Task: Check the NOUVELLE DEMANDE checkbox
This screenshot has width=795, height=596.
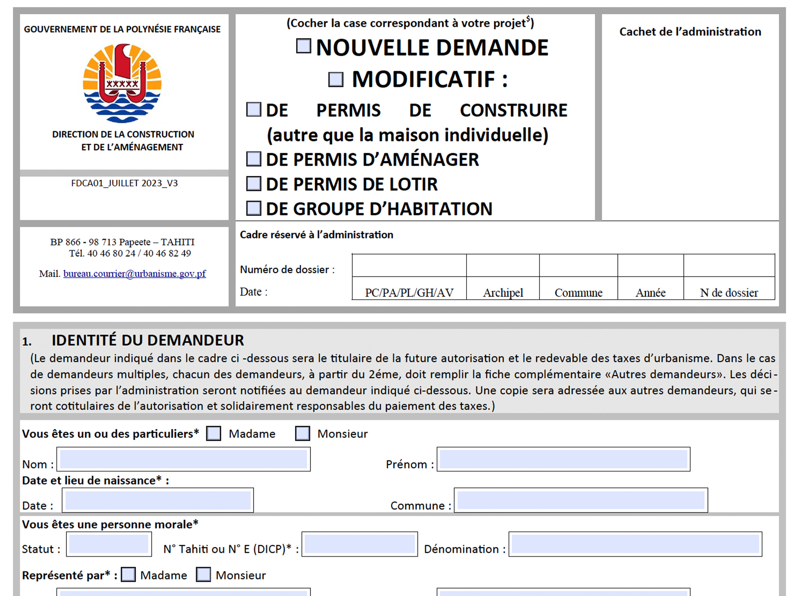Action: pyautogui.click(x=303, y=46)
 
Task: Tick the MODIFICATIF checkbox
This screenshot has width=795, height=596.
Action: pyautogui.click(x=336, y=80)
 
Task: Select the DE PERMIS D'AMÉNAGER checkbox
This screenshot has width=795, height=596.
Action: pyautogui.click(x=253, y=159)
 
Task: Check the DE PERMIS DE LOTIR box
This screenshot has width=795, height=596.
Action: pyautogui.click(x=253, y=184)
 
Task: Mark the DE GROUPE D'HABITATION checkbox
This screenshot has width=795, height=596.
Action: pyautogui.click(x=253, y=208)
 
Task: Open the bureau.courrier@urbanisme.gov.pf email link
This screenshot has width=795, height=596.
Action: pyautogui.click(x=134, y=274)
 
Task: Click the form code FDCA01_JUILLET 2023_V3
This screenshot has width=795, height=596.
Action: pyautogui.click(x=124, y=183)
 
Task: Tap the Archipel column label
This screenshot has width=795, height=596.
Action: pyautogui.click(x=503, y=293)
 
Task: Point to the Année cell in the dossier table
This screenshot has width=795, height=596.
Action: pyautogui.click(x=651, y=293)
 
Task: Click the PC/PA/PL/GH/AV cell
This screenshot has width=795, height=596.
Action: pyautogui.click(x=409, y=293)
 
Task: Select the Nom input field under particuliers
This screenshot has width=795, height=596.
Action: pyautogui.click(x=183, y=459)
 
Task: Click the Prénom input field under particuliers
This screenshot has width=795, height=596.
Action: pyautogui.click(x=563, y=459)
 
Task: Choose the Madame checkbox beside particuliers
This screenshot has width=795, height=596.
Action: pyautogui.click(x=213, y=434)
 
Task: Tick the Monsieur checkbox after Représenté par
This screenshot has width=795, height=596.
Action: pyautogui.click(x=203, y=574)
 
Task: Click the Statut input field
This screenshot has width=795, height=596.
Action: pyautogui.click(x=109, y=544)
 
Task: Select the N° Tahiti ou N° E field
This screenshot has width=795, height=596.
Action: pyautogui.click(x=359, y=544)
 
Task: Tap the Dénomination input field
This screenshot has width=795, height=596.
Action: pyautogui.click(x=635, y=544)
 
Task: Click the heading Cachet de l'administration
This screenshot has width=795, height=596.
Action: pyautogui.click(x=690, y=32)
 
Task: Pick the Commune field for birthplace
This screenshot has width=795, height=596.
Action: pyautogui.click(x=581, y=500)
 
